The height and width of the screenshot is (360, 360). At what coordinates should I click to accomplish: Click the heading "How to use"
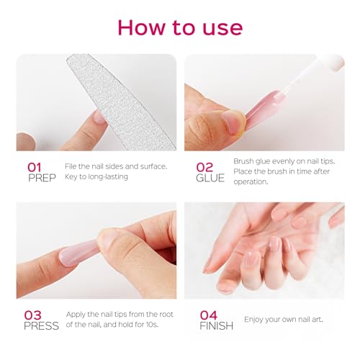click(180, 27)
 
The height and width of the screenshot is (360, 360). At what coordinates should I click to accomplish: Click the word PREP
click(42, 178)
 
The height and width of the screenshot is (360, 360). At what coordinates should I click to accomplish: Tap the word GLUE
click(210, 178)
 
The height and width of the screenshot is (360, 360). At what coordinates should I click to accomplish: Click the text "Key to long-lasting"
click(96, 176)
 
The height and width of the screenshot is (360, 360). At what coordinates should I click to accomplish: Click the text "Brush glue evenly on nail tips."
click(283, 161)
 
